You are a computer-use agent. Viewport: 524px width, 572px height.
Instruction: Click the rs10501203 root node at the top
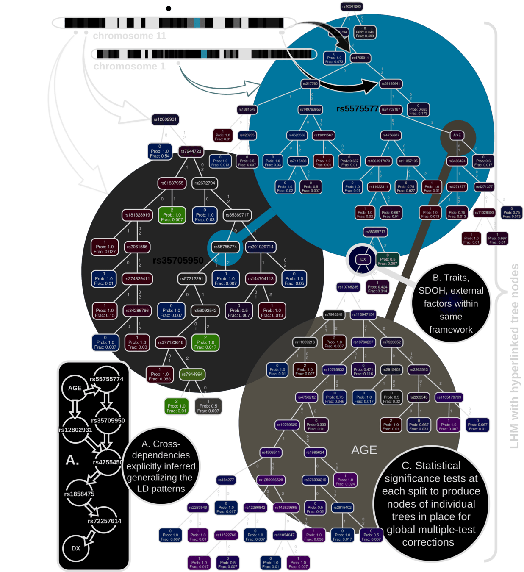coord(352,6)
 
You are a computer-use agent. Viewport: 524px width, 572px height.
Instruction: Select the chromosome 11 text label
coord(129,36)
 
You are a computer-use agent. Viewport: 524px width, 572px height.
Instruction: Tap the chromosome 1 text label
coord(129,67)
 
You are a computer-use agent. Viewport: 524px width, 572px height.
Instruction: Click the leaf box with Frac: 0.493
coord(365,34)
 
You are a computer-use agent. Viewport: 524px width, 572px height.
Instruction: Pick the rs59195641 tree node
coord(390,84)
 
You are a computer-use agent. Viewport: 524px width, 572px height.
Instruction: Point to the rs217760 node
coord(310,84)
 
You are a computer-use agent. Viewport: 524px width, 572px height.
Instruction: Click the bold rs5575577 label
coord(357,109)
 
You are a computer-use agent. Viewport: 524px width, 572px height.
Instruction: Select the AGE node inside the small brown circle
coord(457,135)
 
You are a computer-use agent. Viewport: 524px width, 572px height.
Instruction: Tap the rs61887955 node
coord(172,183)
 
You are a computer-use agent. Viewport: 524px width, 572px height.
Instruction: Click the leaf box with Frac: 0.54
coord(160,151)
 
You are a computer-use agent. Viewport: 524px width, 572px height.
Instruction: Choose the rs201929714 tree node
coord(261,247)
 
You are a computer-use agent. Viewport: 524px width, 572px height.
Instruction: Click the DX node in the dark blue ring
coord(363,259)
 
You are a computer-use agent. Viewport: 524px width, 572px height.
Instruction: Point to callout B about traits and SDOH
coord(451,303)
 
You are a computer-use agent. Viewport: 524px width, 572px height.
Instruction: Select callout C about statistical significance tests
coord(431,504)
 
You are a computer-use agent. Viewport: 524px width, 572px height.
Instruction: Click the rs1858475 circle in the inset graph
coord(79,494)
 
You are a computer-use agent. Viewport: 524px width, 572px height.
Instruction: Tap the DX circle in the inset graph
coord(76,548)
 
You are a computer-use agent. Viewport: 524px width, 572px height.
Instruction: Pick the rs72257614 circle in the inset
coord(104,521)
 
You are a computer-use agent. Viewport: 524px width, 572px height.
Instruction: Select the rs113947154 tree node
coord(363,314)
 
